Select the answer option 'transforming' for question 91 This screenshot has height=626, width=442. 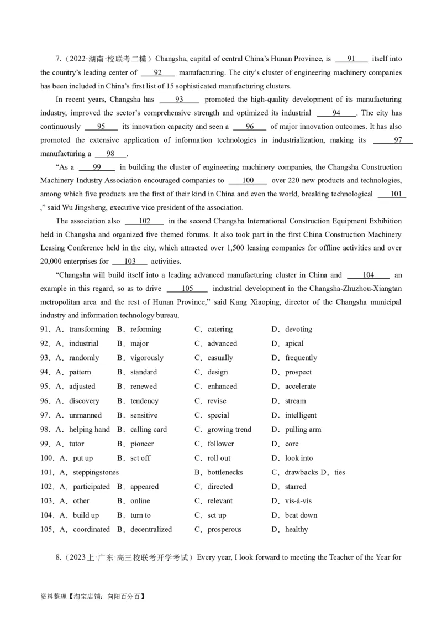pyautogui.click(x=89, y=329)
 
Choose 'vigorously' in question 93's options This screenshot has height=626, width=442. pyautogui.click(x=147, y=358)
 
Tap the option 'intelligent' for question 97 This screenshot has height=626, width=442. pyautogui.click(x=301, y=415)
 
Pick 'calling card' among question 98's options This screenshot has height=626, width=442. pyautogui.click(x=148, y=430)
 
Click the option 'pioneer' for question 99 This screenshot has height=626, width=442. pyautogui.click(x=142, y=444)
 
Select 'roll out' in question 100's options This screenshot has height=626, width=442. pyautogui.click(x=219, y=458)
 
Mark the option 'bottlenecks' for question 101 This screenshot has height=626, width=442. pyautogui.click(x=225, y=473)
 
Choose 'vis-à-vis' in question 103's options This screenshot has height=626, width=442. pyautogui.click(x=298, y=501)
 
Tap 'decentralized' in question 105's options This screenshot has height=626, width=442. pyautogui.click(x=151, y=530)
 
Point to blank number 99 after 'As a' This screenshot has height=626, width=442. pyautogui.click(x=97, y=166)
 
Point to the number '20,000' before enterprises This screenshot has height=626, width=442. pyautogui.click(x=53, y=262)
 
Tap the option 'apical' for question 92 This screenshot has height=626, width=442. pyautogui.click(x=294, y=343)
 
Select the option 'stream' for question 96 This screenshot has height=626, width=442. pyautogui.click(x=295, y=401)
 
